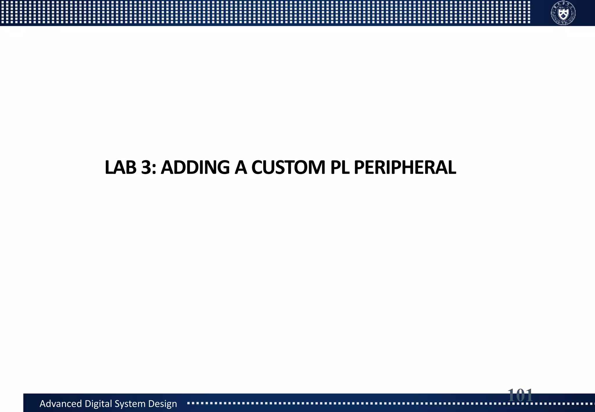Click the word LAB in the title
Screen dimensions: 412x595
coord(120,168)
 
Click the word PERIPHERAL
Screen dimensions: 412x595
coord(405,168)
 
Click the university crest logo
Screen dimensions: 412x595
coord(563,13)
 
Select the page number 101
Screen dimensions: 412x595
coord(520,395)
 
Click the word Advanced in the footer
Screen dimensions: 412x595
coord(60,404)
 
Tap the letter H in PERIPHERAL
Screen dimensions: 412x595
coord(408,168)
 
